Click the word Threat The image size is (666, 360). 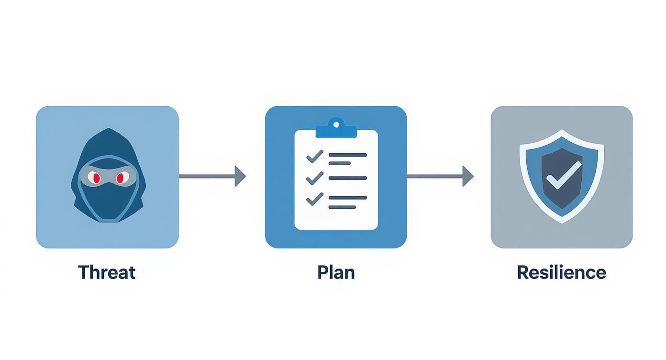pos(107,272)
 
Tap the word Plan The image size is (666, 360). pos(336,272)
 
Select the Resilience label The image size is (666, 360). pos(561,272)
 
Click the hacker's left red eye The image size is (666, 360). pos(95,178)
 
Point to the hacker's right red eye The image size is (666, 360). pos(120,178)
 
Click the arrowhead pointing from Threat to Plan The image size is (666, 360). pos(240,176)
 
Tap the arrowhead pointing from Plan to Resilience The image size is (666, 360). pos(468,176)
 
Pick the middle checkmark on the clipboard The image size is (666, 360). pos(314,178)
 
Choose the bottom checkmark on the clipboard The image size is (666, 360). pos(314,198)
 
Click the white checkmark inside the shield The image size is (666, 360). pos(564,175)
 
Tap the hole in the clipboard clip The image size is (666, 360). pos(336,124)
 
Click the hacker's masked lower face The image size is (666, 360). pos(107,201)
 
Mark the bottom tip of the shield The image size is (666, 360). pos(562,222)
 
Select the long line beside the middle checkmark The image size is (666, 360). pos(348,178)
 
